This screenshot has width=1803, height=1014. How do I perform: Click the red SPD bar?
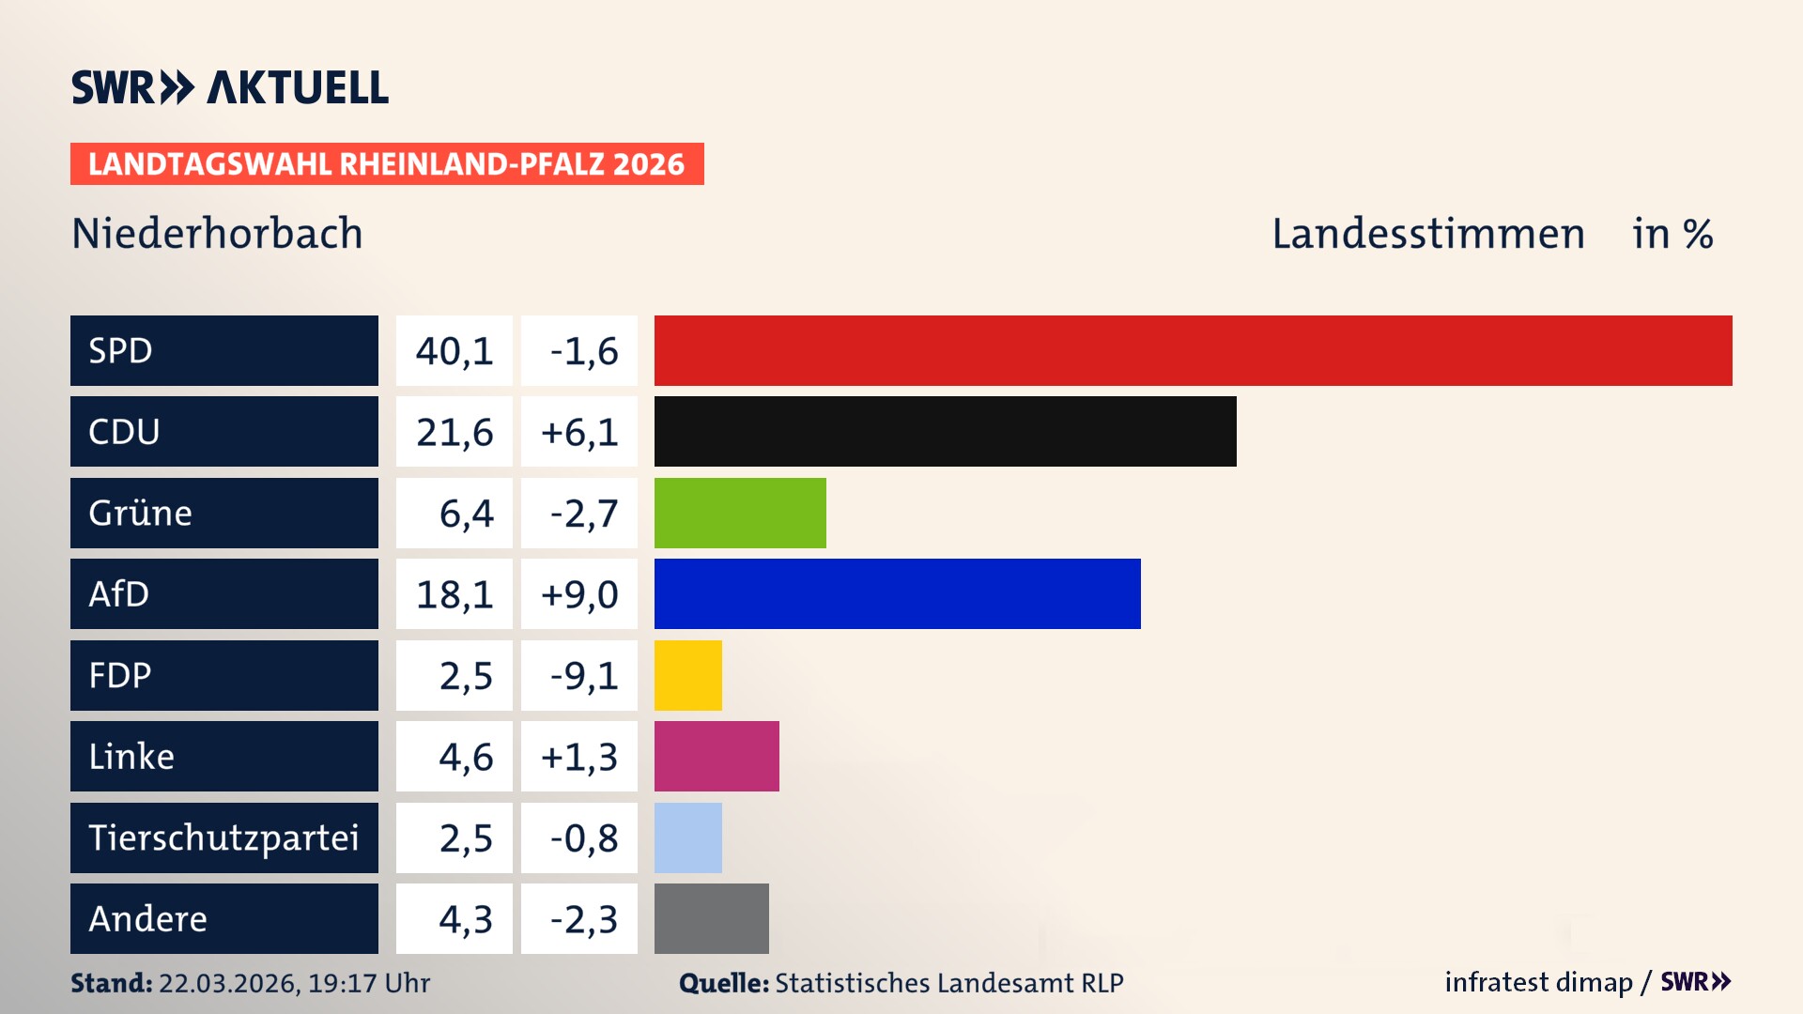pos(1193,350)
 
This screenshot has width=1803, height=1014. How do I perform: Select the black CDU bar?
pos(945,432)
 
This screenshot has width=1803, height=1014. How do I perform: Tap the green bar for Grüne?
pos(740,513)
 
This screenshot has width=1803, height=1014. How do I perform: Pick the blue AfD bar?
pos(897,594)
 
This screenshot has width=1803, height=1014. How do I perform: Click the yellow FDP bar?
pos(687,675)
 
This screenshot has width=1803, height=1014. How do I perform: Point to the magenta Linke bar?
pos(717,757)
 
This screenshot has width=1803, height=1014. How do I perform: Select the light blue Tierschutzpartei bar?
pos(687,837)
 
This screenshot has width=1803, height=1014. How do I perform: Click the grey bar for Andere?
pos(711,918)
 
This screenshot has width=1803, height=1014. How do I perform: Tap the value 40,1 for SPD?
pos(455,351)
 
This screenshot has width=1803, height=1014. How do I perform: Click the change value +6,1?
pos(579,432)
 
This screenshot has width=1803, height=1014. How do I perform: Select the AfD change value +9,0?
pos(579,594)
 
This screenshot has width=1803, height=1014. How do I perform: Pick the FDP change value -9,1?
pos(583,676)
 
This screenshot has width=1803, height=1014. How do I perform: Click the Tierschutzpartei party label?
pos(223,837)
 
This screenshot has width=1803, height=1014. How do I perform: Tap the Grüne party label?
pos(141,513)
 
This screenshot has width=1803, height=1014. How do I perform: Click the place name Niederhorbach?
pos(217,234)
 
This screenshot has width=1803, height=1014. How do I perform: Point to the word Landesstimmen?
pos(1427,234)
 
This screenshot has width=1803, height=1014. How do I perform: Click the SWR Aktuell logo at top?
pos(230,87)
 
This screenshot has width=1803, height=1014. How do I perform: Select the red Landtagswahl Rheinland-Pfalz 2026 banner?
pos(387,164)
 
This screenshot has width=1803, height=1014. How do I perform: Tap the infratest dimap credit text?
pos(1538,982)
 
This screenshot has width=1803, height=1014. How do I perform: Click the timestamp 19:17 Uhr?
pos(368,983)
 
